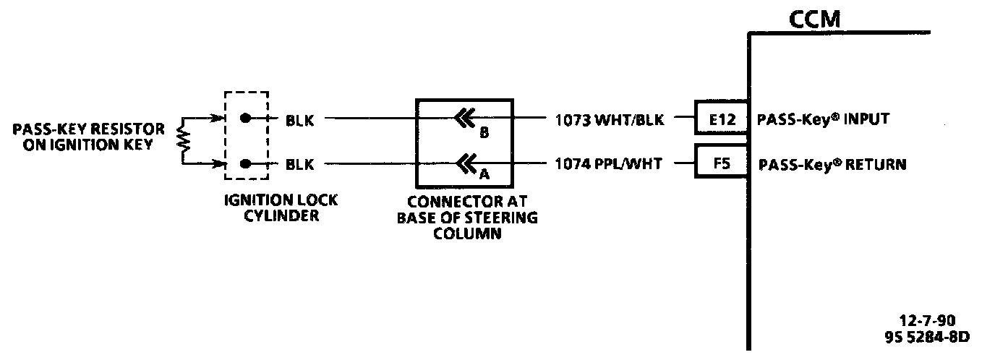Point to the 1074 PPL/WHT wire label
pos(608,164)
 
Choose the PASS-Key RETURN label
pos(832,164)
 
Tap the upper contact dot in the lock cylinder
pos(247,119)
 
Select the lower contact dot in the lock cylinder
pos(247,164)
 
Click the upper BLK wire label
pos(299,120)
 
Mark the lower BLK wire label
pos(299,165)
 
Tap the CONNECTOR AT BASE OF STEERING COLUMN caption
pos(466,219)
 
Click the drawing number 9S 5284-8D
pos(926,336)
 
